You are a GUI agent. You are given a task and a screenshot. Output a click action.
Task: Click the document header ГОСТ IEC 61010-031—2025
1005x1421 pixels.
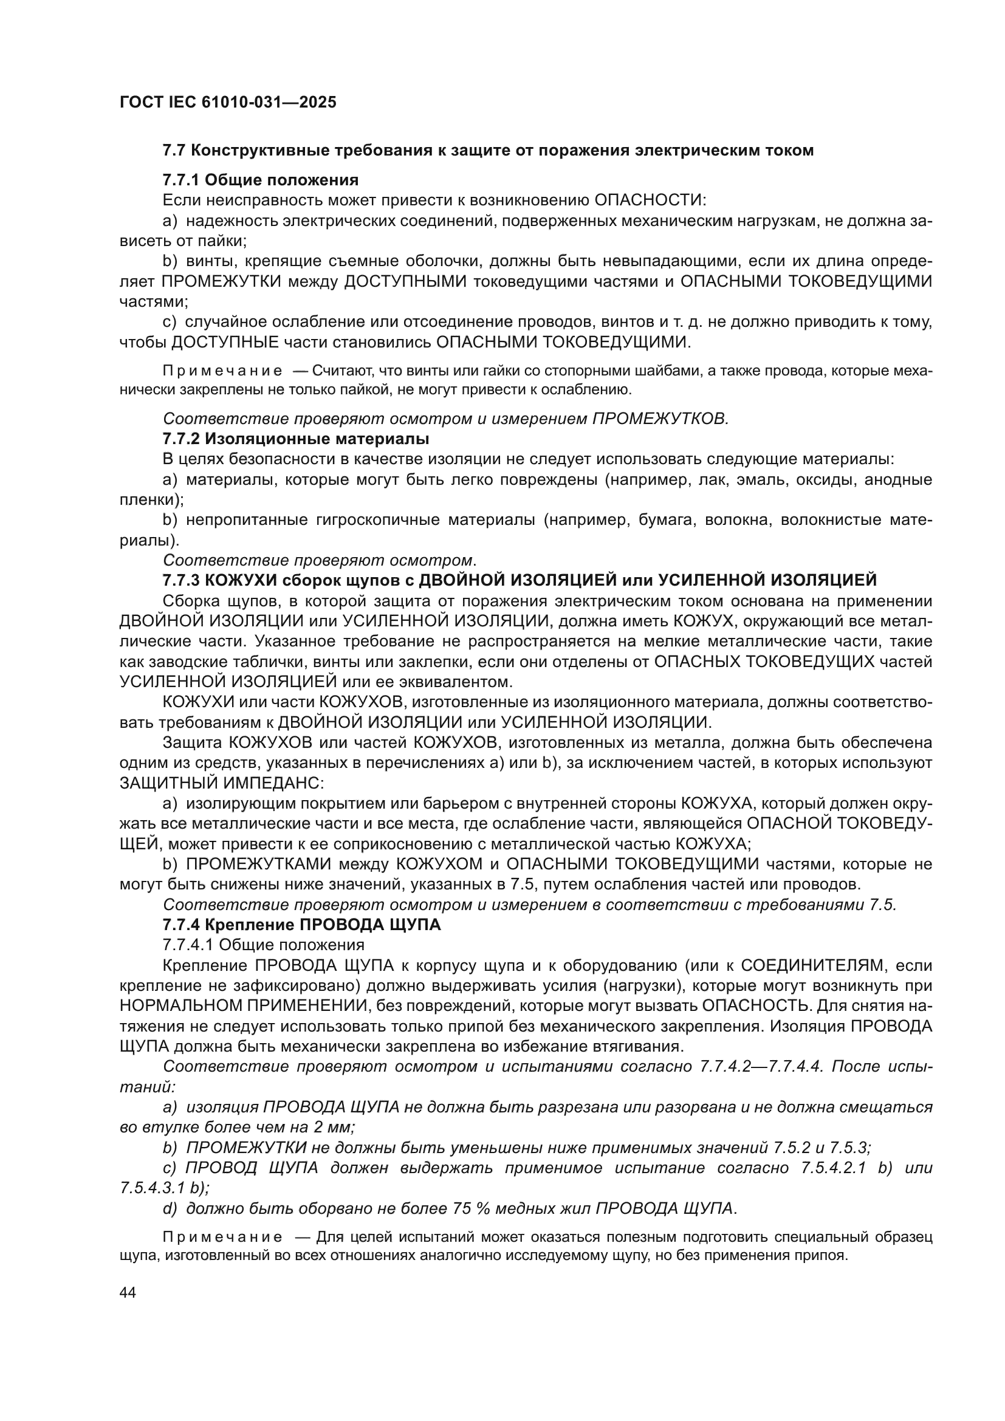[x=228, y=102]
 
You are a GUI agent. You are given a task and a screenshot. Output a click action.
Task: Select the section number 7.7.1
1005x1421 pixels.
[x=180, y=180]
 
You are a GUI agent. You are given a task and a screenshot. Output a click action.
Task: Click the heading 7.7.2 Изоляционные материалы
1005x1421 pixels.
[x=296, y=439]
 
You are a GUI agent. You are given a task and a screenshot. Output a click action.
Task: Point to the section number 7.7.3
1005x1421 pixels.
[x=180, y=580]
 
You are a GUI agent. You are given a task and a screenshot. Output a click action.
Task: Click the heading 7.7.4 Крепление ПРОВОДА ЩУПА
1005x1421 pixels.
[x=301, y=925]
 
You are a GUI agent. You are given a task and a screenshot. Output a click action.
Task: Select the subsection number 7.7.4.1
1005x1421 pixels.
[x=188, y=945]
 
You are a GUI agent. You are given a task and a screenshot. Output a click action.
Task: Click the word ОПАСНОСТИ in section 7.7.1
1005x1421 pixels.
[x=649, y=200]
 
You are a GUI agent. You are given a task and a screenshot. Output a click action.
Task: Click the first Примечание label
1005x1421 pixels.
[x=222, y=371]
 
